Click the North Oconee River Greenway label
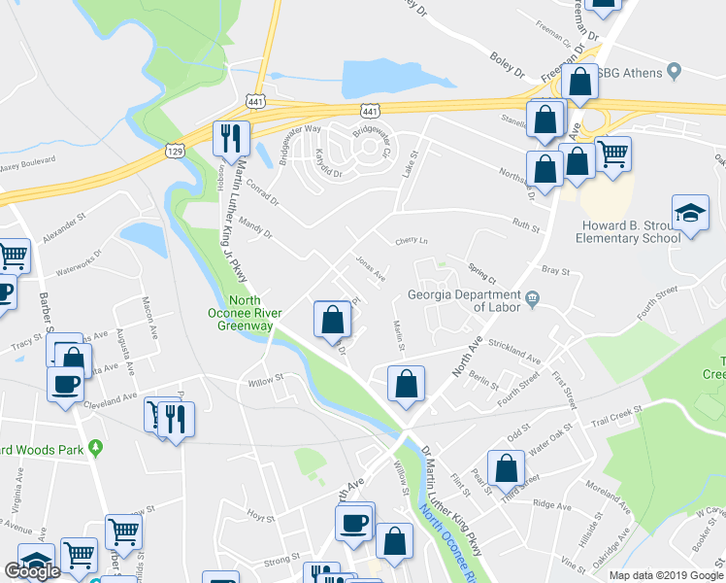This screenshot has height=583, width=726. click(x=246, y=313)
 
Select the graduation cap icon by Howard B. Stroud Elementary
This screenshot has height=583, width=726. click(x=690, y=216)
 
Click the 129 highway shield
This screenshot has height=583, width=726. click(x=175, y=152)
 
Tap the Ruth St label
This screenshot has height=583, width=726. click(x=525, y=225)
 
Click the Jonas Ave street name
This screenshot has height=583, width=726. click(x=371, y=268)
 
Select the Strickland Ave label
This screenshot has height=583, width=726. click(x=514, y=351)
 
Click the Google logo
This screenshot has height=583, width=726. click(x=32, y=570)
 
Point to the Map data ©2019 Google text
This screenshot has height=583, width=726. click(x=666, y=575)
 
